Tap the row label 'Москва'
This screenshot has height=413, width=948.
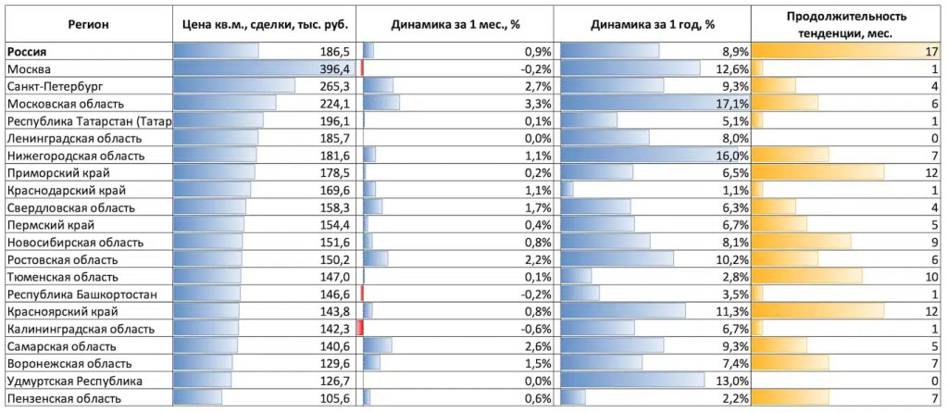(29, 69)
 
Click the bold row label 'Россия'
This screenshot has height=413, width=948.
(26, 52)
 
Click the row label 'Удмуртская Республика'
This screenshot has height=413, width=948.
(74, 381)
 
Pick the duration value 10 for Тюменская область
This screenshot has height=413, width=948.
(932, 277)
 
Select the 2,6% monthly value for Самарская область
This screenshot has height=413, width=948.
(537, 346)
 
